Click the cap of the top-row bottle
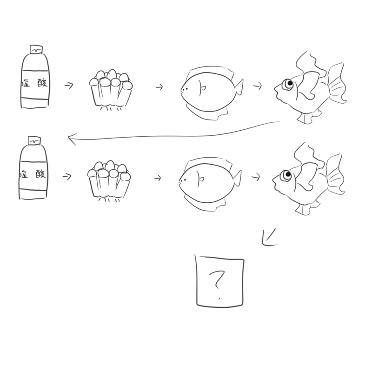(x=36, y=49)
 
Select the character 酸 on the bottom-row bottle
(x=40, y=174)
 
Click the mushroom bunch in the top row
(x=111, y=90)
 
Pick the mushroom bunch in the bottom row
(x=109, y=181)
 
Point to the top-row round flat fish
(x=211, y=93)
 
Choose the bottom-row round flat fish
(x=210, y=184)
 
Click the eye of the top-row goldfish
(x=289, y=84)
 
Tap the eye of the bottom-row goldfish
(x=286, y=175)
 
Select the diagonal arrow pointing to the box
(x=269, y=237)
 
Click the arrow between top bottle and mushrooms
(x=69, y=85)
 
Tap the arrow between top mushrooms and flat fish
(x=159, y=87)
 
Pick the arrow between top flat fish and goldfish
(x=258, y=86)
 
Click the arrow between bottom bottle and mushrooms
(x=67, y=177)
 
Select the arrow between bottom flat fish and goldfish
(x=256, y=177)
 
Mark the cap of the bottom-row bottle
(x=34, y=140)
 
